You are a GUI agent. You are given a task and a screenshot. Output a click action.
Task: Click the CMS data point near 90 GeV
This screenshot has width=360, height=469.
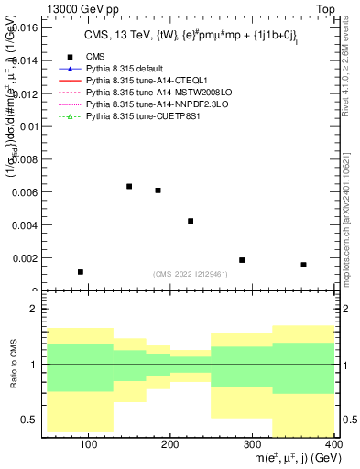[81, 272]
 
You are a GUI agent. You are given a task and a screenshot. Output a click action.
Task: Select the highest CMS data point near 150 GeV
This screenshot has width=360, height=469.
[129, 187]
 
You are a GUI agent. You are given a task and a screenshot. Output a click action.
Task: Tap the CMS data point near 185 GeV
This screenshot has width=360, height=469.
[158, 191]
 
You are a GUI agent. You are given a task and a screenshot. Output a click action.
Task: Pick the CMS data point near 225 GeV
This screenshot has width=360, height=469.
[191, 221]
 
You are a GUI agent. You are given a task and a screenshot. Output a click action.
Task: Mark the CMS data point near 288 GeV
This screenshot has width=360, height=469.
[242, 260]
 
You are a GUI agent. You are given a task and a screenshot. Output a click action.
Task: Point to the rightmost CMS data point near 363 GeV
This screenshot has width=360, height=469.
[303, 265]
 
